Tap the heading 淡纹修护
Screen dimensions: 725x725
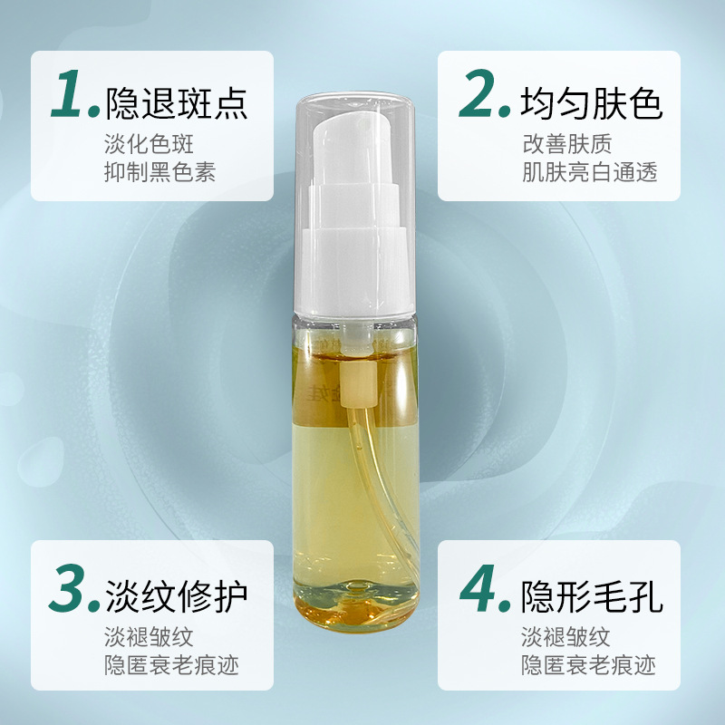point(177,595)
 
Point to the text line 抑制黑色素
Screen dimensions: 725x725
point(160,171)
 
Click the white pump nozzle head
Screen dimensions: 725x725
point(353,136)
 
